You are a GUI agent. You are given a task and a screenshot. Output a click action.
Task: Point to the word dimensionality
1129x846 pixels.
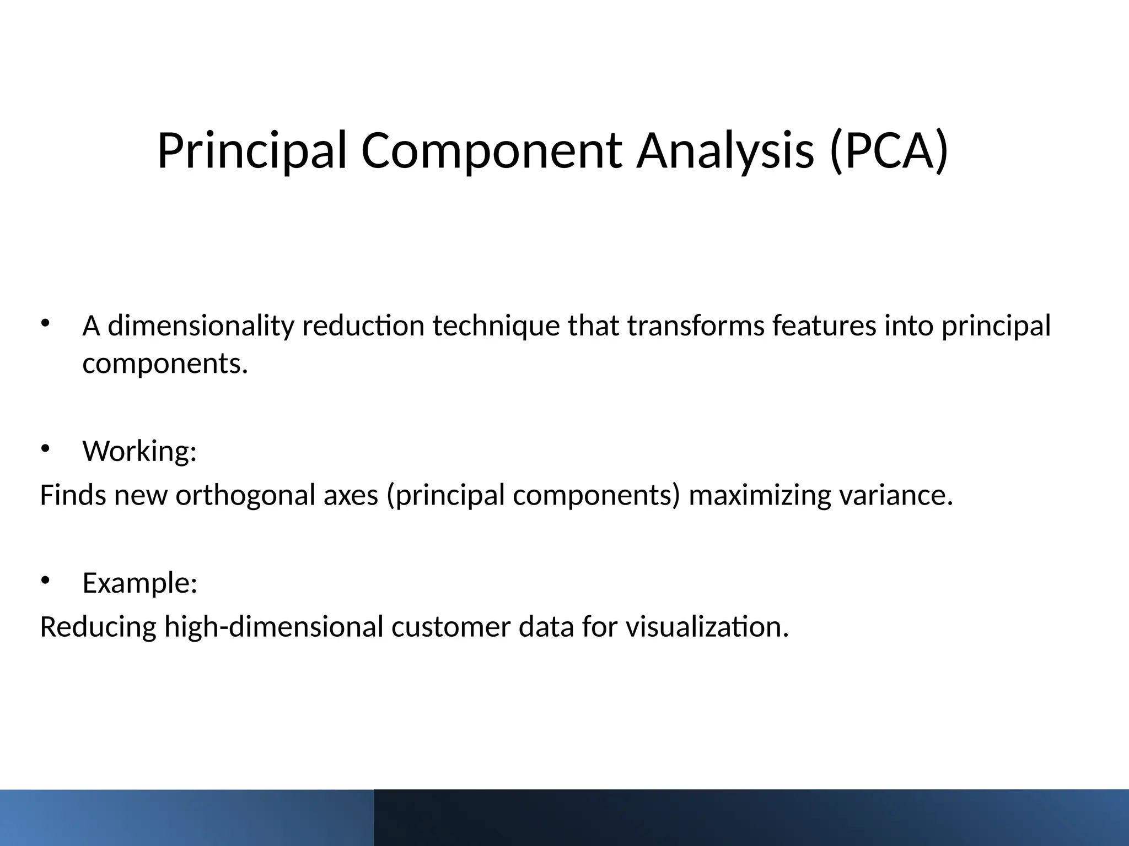point(201,326)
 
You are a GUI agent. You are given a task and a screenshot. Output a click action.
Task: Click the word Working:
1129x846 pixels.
point(139,452)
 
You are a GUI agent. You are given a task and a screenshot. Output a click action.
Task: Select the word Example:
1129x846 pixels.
point(139,583)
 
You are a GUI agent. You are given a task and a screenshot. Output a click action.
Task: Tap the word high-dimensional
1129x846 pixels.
point(273,627)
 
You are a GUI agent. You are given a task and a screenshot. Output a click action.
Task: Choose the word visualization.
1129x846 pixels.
point(707,627)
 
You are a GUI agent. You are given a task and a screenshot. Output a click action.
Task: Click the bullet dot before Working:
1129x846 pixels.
point(45,448)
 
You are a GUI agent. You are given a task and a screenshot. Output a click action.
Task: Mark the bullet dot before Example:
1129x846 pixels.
point(45,580)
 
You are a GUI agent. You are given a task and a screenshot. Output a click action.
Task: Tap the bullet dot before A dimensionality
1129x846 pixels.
point(45,323)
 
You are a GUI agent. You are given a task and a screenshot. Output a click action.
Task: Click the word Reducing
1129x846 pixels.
point(98,627)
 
